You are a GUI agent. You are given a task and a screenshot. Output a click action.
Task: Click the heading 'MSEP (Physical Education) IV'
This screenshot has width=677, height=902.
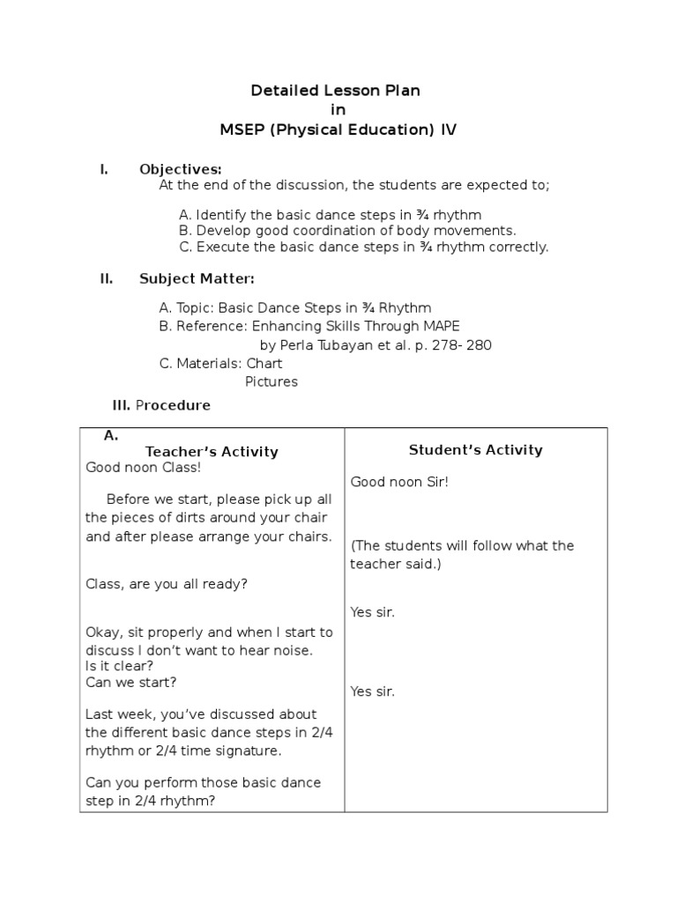coord(338,130)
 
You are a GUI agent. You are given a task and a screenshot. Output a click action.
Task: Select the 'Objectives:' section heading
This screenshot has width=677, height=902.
coord(180,169)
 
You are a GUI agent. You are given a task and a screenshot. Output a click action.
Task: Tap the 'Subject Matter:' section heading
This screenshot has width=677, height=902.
coord(197,279)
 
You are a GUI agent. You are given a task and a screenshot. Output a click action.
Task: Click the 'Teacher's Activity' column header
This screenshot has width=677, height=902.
coord(212,452)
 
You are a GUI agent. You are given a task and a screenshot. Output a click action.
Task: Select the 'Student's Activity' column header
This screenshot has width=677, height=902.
coord(475,450)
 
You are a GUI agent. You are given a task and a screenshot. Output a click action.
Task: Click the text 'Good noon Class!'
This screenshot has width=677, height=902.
coord(143,468)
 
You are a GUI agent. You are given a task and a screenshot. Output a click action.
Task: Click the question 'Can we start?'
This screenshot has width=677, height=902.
coord(130,682)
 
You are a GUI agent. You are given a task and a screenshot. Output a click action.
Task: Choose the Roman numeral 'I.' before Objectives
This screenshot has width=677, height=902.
coord(104,169)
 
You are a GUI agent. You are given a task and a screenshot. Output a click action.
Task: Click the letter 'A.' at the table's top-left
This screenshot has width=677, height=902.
coord(111,436)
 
